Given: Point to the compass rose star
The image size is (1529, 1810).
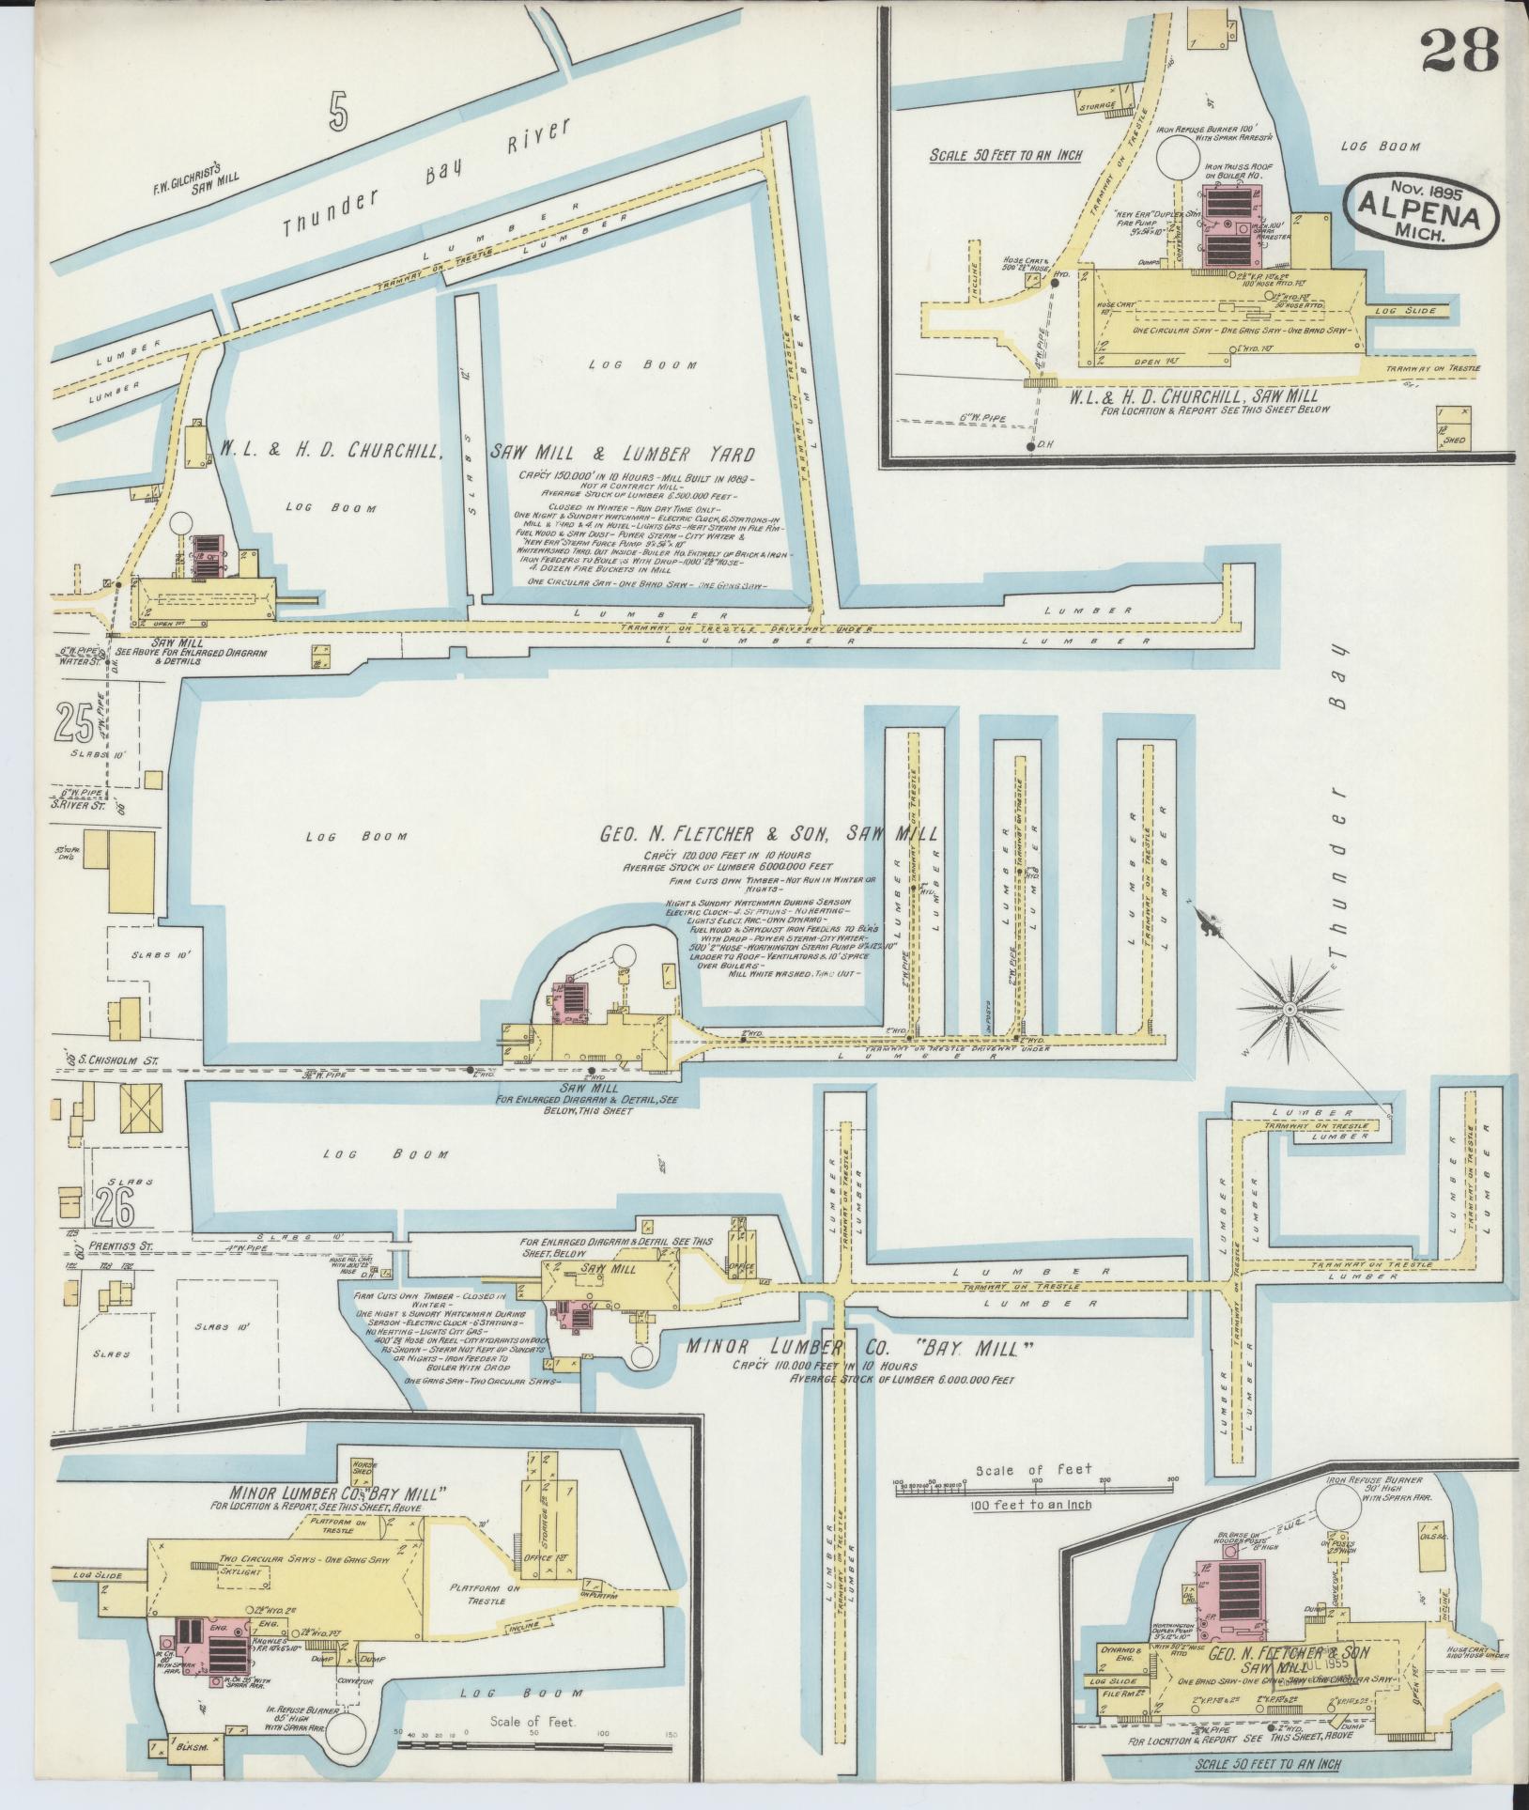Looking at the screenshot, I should point(1290,1008).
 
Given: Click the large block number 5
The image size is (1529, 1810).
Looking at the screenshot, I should point(338,114).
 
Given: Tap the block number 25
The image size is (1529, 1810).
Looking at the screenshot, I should point(75,722).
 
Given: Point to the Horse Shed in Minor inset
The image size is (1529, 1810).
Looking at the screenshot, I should point(363,1466).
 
